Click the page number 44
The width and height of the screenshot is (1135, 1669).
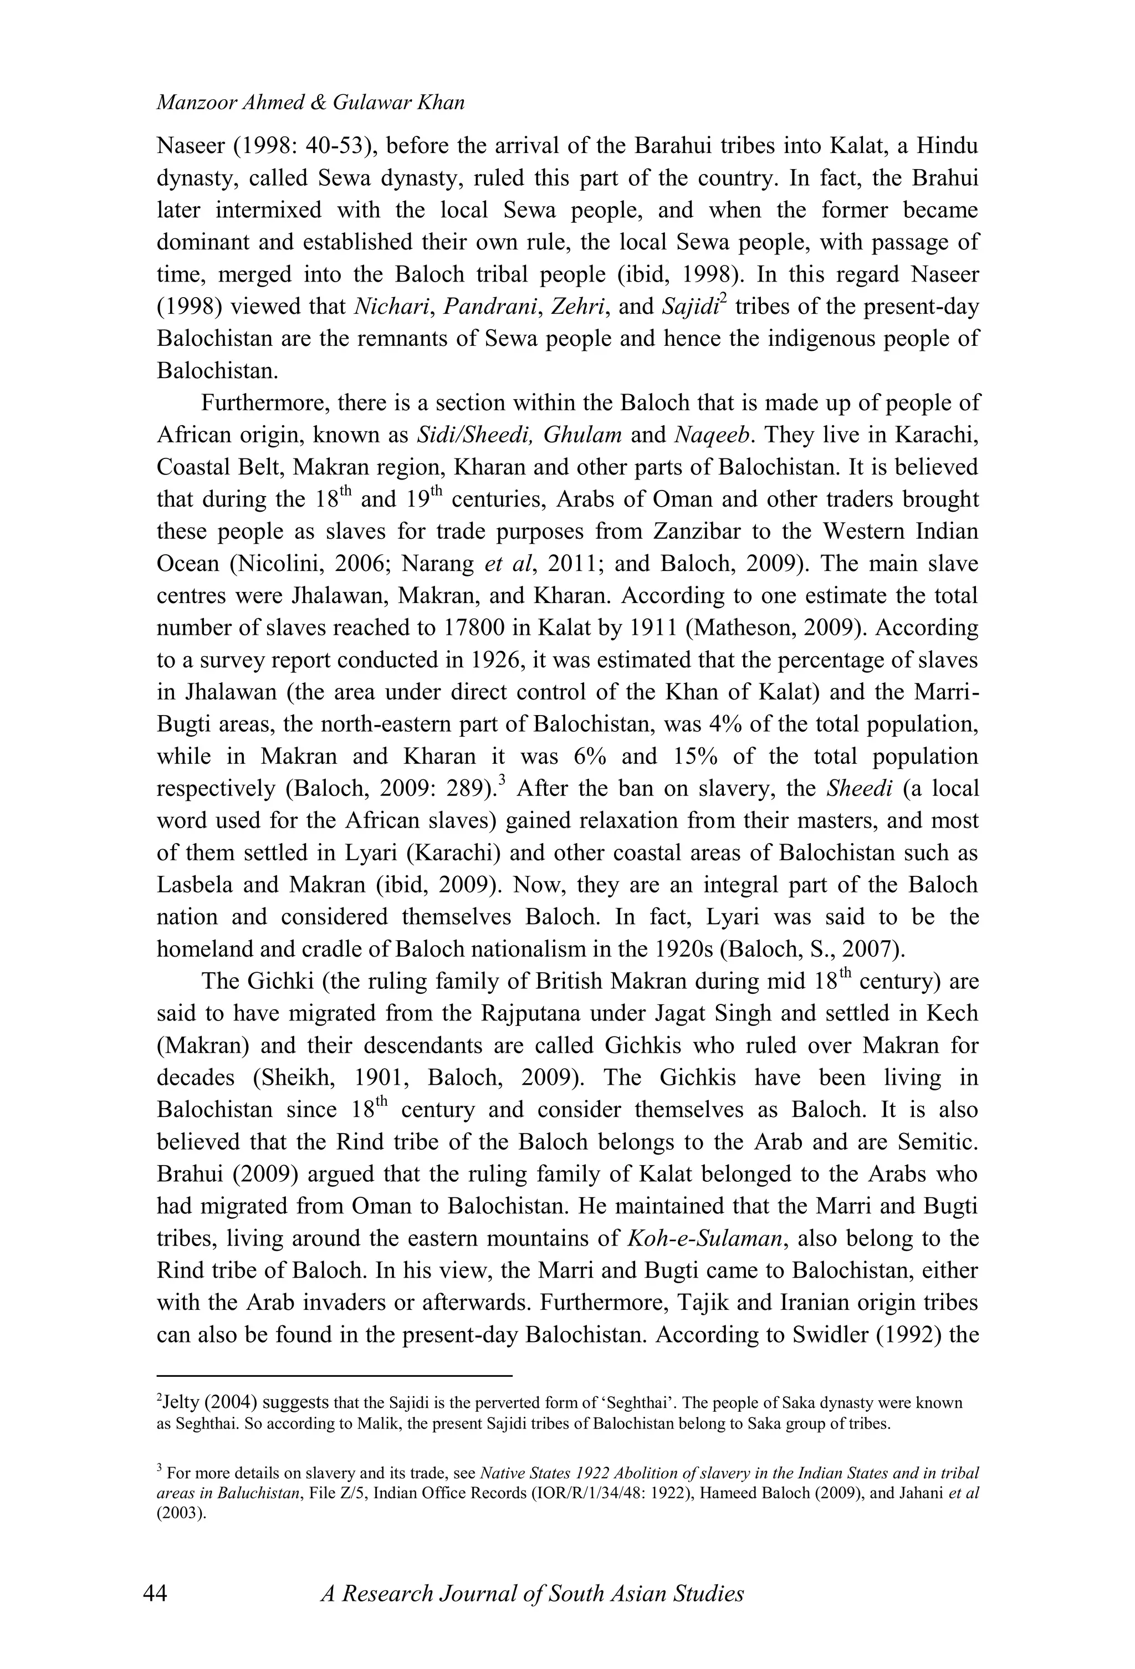[155, 1594]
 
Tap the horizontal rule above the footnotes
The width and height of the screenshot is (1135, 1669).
[334, 1376]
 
